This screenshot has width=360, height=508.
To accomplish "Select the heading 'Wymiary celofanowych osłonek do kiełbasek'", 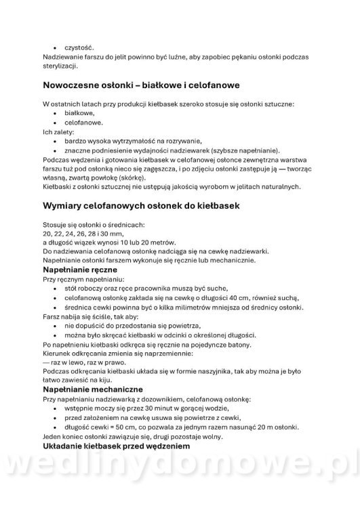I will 138,205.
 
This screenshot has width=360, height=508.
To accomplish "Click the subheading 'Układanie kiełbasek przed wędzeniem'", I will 117,448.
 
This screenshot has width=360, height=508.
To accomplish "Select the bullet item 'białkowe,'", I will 79,114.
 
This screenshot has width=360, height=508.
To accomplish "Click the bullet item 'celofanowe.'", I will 84,123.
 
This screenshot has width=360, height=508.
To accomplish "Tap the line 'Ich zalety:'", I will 58,132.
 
